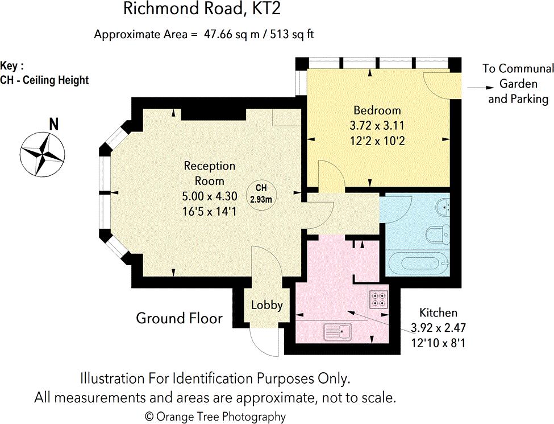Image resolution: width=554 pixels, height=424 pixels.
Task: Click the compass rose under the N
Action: [43, 155]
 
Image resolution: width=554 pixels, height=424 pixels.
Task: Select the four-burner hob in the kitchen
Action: [379, 299]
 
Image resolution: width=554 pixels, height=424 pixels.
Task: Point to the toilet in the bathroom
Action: [438, 234]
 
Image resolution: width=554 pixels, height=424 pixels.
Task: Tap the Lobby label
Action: [266, 305]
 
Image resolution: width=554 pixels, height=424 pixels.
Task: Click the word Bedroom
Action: [377, 110]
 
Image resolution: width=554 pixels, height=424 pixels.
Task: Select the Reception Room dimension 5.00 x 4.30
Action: [210, 196]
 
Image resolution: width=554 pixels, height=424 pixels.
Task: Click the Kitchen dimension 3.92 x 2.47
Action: [438, 328]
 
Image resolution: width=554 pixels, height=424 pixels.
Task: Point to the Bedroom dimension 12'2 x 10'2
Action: [377, 141]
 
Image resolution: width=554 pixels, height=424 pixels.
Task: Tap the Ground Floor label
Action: [179, 318]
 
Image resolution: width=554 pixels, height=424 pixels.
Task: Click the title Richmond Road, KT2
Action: [202, 9]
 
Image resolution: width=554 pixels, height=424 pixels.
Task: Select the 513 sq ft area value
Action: [292, 34]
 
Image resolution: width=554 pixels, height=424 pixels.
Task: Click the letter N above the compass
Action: [54, 124]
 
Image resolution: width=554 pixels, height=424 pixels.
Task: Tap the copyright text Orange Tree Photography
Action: [215, 417]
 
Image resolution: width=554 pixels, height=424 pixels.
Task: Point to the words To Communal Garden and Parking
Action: [518, 84]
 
